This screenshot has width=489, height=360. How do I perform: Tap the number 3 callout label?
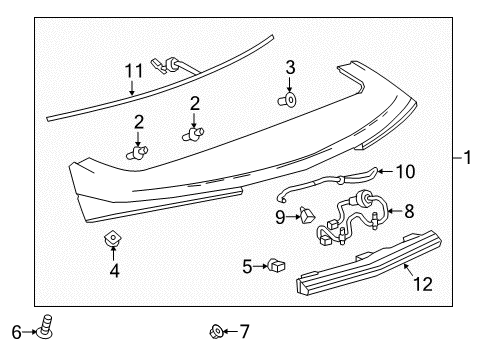[x=290, y=68]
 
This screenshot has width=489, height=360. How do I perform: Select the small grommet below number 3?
[x=289, y=100]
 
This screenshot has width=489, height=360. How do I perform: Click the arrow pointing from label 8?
[x=392, y=212]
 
